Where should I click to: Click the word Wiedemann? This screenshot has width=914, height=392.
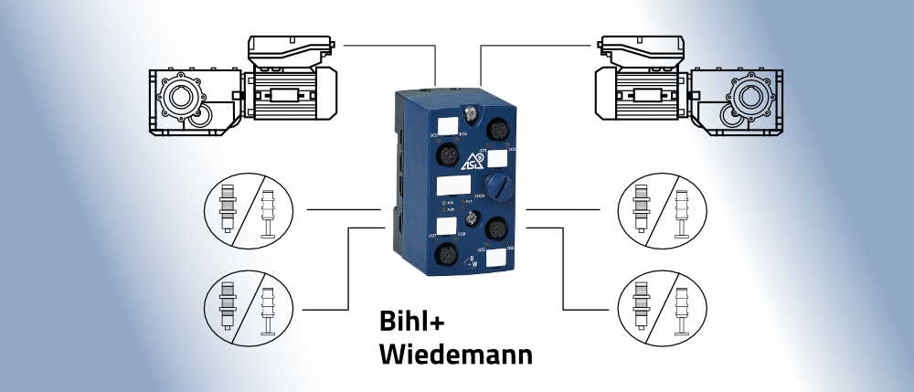point(455,354)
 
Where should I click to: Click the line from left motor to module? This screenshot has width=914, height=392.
point(393,42)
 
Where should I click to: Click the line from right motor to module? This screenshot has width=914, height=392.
point(521,42)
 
